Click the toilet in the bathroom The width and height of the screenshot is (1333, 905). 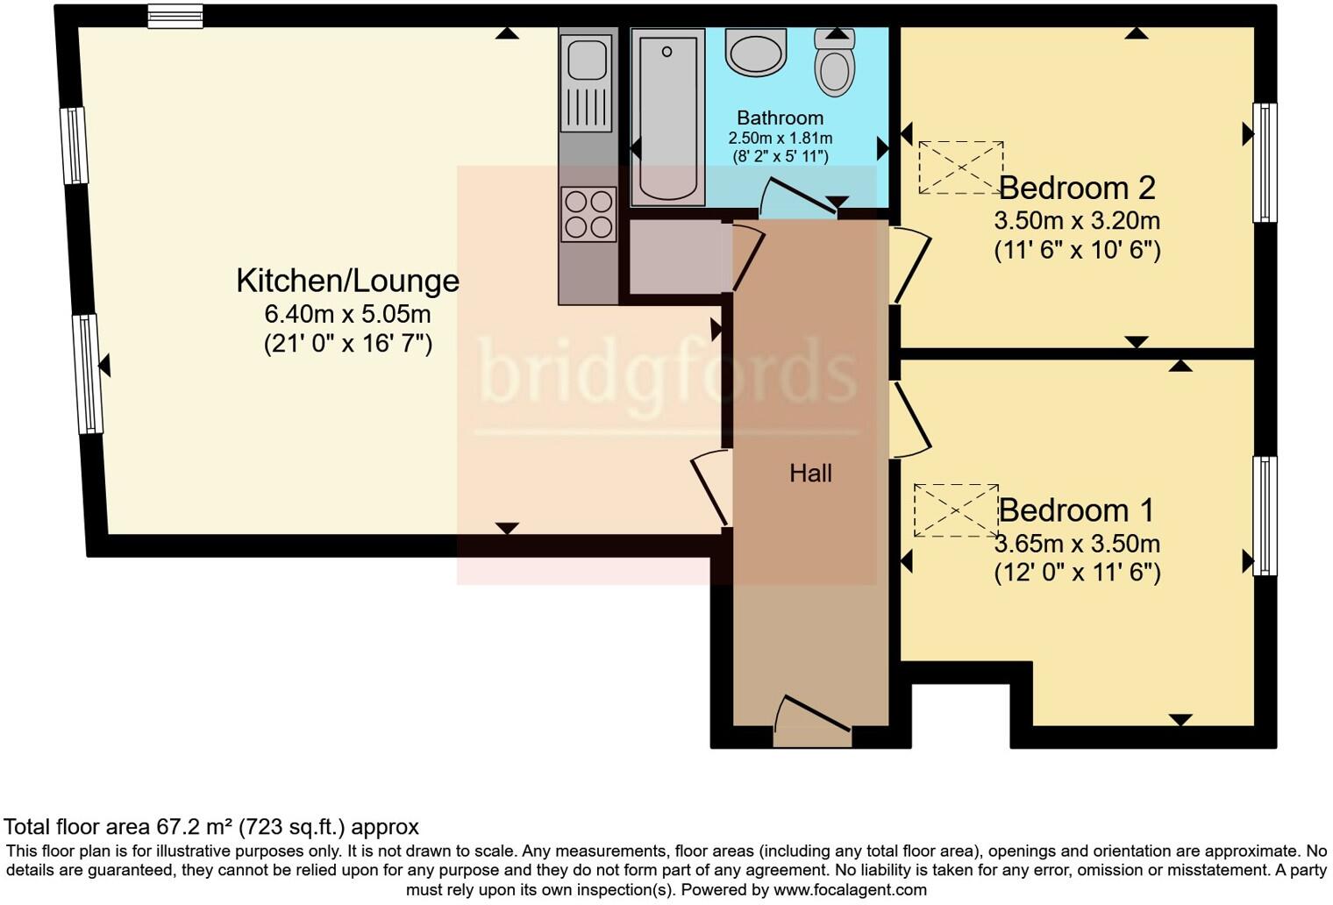click(834, 63)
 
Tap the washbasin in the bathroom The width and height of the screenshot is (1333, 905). click(756, 53)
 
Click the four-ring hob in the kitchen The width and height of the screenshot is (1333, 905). click(588, 214)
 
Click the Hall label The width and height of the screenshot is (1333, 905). click(810, 474)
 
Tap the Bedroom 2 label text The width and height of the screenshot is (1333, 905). click(1077, 188)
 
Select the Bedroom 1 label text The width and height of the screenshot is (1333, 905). click(1076, 510)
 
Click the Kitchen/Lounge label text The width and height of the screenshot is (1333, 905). click(347, 281)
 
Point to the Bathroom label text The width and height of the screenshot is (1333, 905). click(781, 118)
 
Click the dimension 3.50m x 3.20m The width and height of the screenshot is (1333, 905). click(1077, 221)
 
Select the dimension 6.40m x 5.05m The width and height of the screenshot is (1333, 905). click(347, 314)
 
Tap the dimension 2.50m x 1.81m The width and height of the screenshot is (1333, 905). click(781, 138)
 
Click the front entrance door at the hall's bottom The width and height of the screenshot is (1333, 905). click(812, 721)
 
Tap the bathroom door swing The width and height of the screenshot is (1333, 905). click(797, 197)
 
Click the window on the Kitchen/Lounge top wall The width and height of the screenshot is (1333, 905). click(175, 16)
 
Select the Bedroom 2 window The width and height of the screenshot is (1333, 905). click(1265, 162)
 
